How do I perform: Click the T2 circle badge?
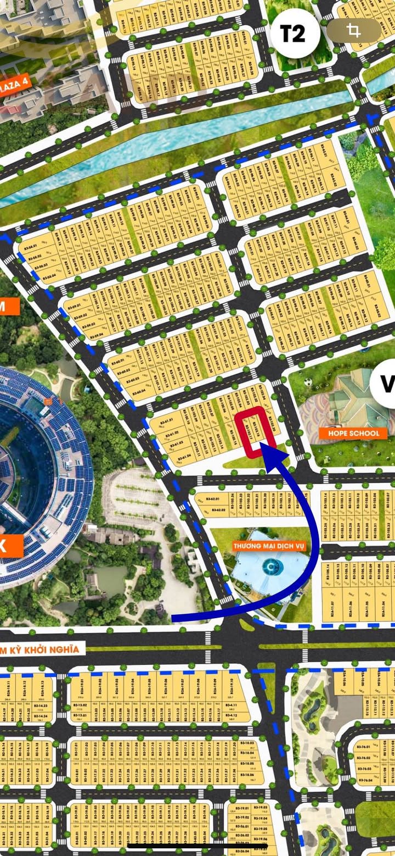click(x=294, y=34)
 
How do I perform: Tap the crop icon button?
click(x=354, y=31)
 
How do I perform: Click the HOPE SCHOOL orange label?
click(x=349, y=433)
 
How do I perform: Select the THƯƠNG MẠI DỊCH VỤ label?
click(x=268, y=546)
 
